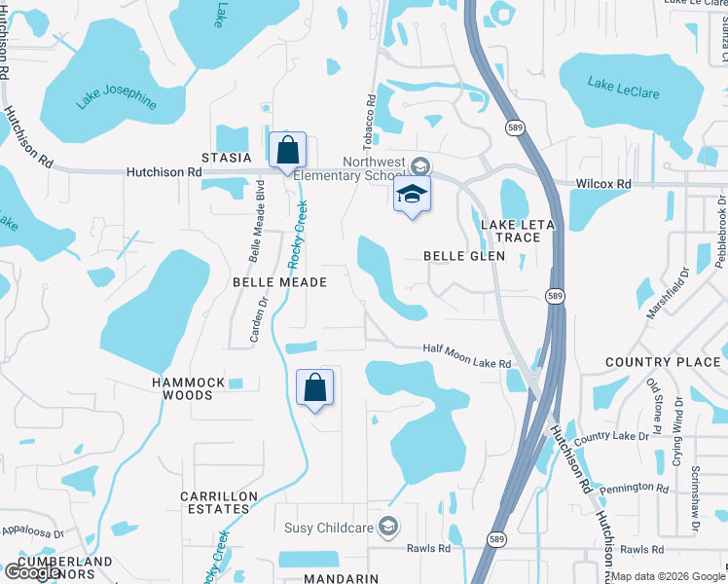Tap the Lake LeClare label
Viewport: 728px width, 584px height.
point(624,87)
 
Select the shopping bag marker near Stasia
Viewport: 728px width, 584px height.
point(287,152)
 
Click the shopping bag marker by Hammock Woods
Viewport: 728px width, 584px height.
point(314,388)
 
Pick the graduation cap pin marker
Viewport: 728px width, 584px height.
point(412,195)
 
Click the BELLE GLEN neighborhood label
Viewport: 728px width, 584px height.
point(464,256)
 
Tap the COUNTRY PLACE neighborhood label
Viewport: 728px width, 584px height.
point(663,362)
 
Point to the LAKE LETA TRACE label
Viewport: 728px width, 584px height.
point(517,231)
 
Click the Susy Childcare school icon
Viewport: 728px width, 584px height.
point(389,528)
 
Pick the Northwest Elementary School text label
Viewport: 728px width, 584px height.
point(375,169)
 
